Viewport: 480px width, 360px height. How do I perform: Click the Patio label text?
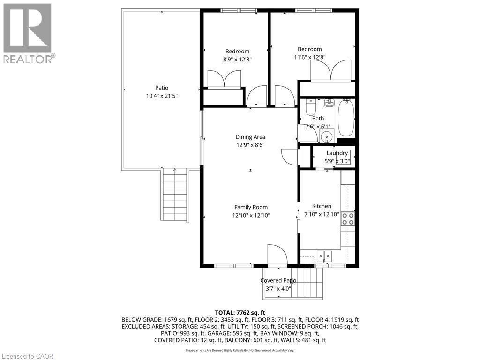coord(162,88)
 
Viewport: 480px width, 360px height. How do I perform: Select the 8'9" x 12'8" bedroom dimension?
coord(237,59)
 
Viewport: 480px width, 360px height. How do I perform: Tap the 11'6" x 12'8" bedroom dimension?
coord(309,57)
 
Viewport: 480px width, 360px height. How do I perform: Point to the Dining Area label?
coord(250,137)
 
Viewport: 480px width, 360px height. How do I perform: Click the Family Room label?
coord(251,207)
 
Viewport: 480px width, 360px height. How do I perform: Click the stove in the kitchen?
coord(348,218)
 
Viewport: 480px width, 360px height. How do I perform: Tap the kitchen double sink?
coord(324,256)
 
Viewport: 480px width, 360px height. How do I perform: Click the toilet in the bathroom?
coord(310,108)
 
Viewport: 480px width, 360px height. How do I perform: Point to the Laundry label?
coord(337,153)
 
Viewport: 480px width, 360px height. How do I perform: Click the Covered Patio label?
coord(278,280)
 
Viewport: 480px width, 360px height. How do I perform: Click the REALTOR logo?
coord(28,33)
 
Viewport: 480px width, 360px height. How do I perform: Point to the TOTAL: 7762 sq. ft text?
coord(240,312)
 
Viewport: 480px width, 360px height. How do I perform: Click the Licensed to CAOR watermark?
coord(28,356)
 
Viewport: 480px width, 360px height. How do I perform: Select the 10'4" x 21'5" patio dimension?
coord(162,96)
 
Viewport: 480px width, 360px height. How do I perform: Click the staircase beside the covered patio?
coord(308,283)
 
